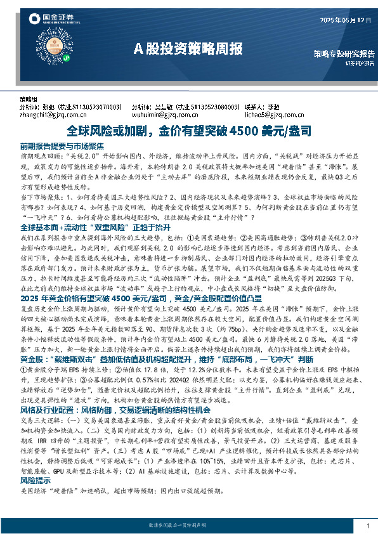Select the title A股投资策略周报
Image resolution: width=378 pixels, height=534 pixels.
pos(188,48)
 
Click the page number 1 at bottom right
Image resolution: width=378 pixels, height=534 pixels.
pos(368,526)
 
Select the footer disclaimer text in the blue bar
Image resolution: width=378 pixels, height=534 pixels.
pos(188,526)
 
